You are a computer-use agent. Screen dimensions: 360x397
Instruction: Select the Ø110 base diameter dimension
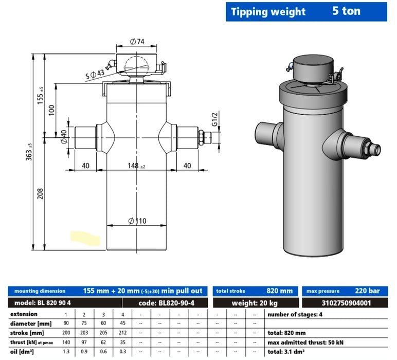136,221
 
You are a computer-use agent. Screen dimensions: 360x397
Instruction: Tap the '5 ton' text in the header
346,11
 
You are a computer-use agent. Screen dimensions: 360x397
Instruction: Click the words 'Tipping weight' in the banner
268,12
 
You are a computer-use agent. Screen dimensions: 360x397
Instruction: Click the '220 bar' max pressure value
370,291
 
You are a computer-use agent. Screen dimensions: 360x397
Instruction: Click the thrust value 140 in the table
65,341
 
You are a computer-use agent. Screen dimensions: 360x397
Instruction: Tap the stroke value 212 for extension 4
122,333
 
